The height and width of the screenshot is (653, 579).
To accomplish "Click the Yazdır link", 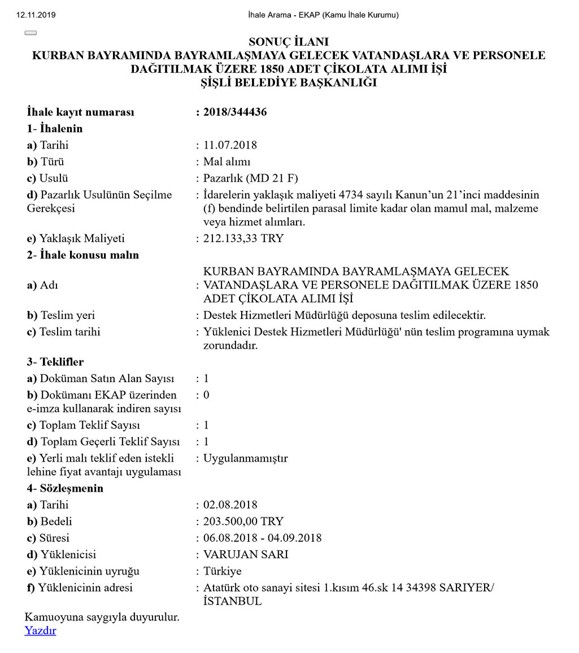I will (x=40, y=630).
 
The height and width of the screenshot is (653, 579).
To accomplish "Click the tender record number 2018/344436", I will (x=234, y=112).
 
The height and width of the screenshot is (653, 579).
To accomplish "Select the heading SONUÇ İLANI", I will (x=289, y=42).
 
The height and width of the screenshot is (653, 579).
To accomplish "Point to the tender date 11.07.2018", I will (x=230, y=145).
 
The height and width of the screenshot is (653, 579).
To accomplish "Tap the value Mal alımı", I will (x=227, y=162).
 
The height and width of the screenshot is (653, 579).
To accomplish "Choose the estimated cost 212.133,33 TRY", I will (x=243, y=238).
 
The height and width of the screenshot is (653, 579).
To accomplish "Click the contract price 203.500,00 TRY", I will (x=243, y=521).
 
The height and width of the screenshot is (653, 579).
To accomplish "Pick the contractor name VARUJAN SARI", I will (x=246, y=555).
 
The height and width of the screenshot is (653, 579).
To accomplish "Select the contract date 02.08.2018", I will (x=230, y=505).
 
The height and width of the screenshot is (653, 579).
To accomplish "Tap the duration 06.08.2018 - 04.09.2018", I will (x=262, y=538).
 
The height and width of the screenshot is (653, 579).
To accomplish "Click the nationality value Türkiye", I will (x=222, y=571).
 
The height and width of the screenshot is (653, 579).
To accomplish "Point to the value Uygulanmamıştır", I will (x=245, y=458).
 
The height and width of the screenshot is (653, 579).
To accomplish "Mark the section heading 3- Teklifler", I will (x=55, y=362).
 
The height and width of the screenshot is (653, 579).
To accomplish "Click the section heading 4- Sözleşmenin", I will (x=65, y=488).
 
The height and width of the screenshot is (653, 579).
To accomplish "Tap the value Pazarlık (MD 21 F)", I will (x=250, y=178).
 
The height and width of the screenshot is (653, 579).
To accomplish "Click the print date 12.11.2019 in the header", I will (x=37, y=15).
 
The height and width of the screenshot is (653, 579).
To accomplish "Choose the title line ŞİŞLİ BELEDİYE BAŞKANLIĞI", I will (x=289, y=83).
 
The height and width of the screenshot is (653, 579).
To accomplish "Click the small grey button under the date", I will (x=31, y=33).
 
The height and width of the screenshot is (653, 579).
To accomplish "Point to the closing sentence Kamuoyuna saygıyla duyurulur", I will (x=102, y=617).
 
